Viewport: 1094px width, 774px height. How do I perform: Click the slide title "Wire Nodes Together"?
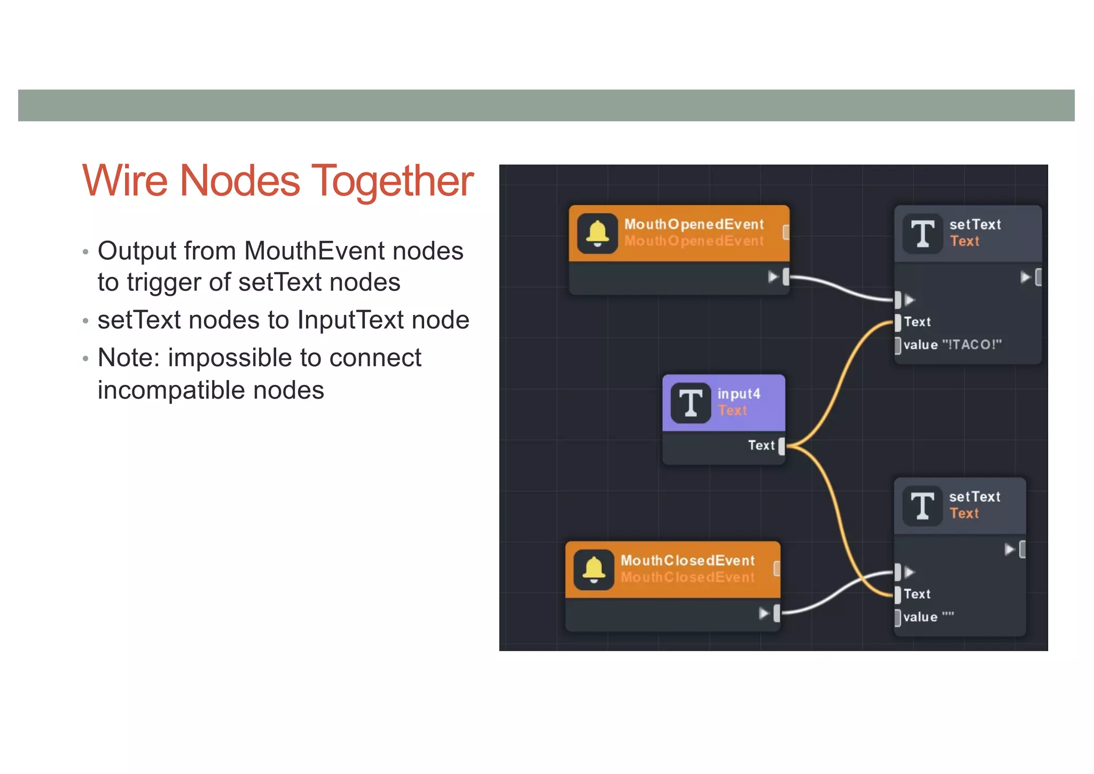click(x=278, y=181)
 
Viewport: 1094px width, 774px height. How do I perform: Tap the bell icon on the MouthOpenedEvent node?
click(x=597, y=233)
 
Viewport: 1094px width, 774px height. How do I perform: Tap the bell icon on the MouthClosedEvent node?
click(x=593, y=569)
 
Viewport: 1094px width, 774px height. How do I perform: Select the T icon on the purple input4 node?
click(x=691, y=403)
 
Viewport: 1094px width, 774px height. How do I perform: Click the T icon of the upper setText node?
click(x=923, y=233)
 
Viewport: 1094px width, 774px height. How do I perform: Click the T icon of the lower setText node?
click(x=923, y=506)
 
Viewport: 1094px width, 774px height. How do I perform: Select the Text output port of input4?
click(x=782, y=445)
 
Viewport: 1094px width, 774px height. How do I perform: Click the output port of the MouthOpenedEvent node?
click(x=786, y=276)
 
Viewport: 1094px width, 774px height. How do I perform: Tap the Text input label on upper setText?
click(x=917, y=322)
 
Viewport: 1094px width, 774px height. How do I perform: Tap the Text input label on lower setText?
click(x=917, y=594)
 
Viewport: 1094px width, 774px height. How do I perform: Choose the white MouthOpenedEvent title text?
click(x=694, y=225)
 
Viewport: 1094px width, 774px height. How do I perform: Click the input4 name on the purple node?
click(x=739, y=394)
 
